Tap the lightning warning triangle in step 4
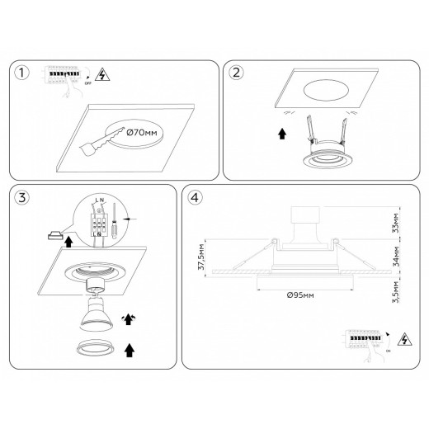[405, 338]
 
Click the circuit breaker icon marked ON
[364, 340]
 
